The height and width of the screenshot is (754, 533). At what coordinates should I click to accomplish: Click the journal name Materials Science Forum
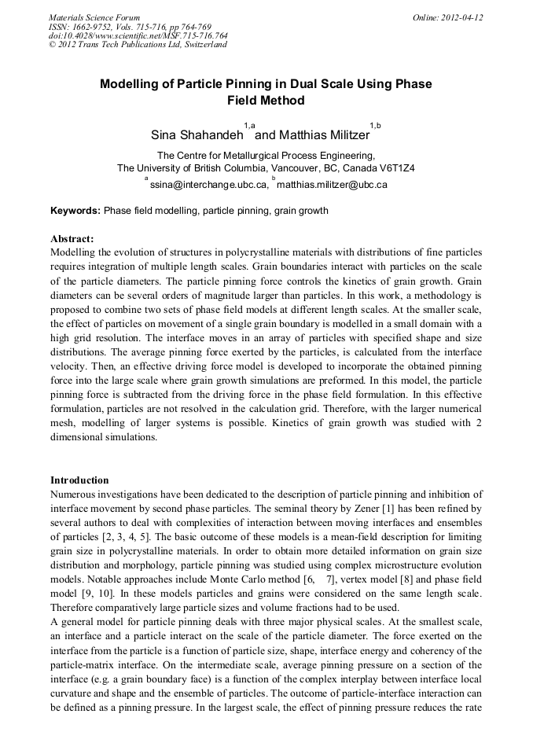94,17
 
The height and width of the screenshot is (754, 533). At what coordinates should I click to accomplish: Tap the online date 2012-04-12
464,17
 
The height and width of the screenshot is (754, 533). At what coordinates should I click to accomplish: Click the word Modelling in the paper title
133,84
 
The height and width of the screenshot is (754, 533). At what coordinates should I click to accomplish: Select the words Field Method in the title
266,101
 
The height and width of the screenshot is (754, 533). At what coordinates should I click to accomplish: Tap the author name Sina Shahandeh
197,135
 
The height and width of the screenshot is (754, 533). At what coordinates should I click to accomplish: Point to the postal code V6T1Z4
392,168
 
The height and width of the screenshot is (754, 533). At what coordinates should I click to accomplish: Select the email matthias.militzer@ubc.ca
333,185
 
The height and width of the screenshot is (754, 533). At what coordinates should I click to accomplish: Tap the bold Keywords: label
75,211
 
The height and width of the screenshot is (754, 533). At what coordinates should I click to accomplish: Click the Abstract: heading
72,238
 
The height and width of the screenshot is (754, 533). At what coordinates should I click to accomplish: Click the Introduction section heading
79,480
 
